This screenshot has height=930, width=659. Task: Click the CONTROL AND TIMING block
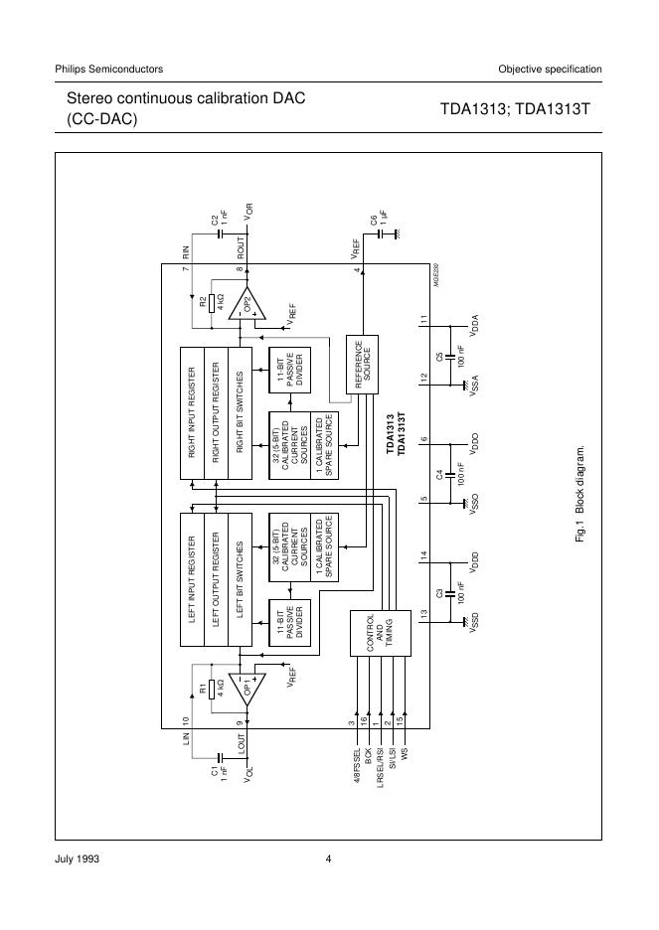[x=370, y=633]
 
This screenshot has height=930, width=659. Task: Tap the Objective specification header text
[x=550, y=69]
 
